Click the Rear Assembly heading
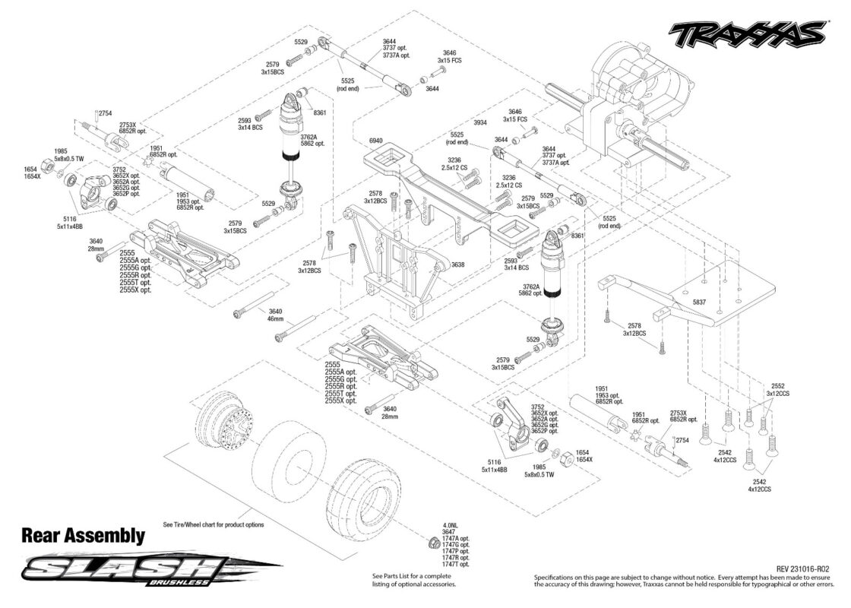pyautogui.click(x=83, y=536)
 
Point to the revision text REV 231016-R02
pyautogui.click(x=802, y=569)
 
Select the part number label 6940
pyautogui.click(x=375, y=141)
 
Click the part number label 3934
pyautogui.click(x=479, y=122)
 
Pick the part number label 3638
pyautogui.click(x=457, y=265)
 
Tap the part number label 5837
pyautogui.click(x=699, y=302)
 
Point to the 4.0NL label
pyautogui.click(x=450, y=525)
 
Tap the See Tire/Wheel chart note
pyautogui.click(x=214, y=525)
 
